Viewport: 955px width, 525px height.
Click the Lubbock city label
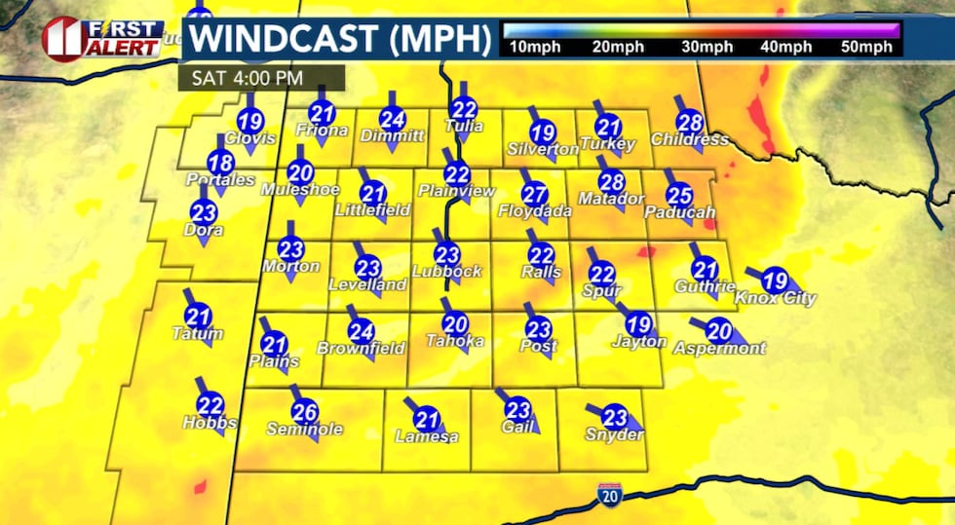click(x=447, y=272)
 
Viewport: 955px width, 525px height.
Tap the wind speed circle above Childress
click(x=690, y=123)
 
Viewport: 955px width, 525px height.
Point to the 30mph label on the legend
click(x=707, y=47)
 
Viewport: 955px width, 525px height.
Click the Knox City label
click(x=776, y=298)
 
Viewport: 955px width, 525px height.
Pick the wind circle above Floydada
click(x=534, y=194)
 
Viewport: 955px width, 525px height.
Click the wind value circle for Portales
click(x=221, y=164)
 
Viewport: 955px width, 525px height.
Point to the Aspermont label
click(x=720, y=348)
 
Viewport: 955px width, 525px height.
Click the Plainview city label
click(x=457, y=192)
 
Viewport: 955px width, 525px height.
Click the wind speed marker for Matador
click(x=612, y=182)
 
